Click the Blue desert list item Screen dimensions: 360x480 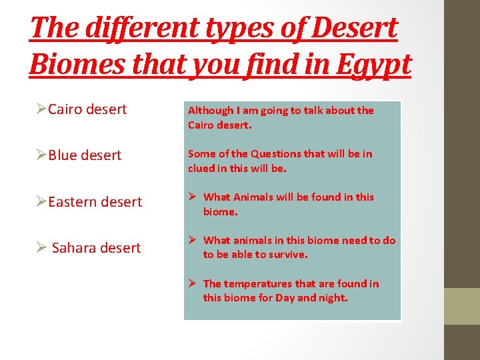pyautogui.click(x=85, y=155)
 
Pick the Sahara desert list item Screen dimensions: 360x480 pyautogui.click(x=96, y=248)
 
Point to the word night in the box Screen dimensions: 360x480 pyautogui.click(x=333, y=298)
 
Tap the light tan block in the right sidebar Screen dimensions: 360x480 pyautogui.click(x=462, y=305)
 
